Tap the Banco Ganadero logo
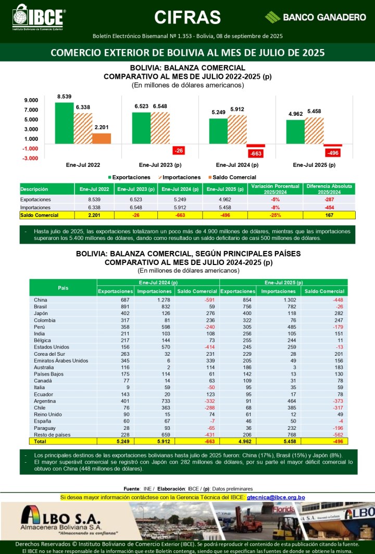point(315,17)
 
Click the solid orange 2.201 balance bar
point(102,138)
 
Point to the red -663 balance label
point(256,153)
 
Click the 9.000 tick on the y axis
point(31,100)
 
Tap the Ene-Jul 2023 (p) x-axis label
point(160,165)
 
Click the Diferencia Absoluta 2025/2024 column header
point(329,189)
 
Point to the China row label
point(41,300)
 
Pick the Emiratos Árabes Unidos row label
point(61,360)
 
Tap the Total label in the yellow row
point(40,441)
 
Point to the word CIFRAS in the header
point(187,17)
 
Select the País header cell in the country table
point(63,287)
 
